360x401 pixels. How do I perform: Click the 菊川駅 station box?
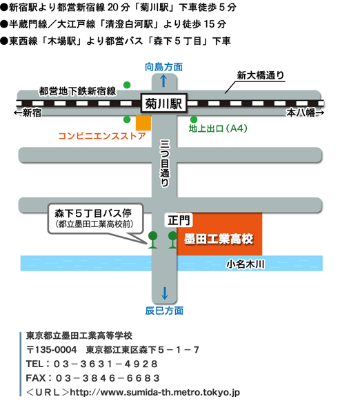[x=163, y=104]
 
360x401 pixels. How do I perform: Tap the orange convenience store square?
[x=143, y=123]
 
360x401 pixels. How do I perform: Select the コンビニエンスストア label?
[x=102, y=136]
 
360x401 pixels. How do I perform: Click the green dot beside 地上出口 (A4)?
[x=194, y=119]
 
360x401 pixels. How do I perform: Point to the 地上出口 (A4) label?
[x=218, y=128]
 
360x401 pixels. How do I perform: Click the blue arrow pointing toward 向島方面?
[x=163, y=81]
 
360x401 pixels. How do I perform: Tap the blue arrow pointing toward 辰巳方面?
[x=165, y=293]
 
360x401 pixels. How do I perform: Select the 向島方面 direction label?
[x=163, y=67]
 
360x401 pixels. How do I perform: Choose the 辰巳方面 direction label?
[x=164, y=311]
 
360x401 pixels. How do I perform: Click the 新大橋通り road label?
[x=261, y=75]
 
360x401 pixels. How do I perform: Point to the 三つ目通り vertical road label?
[x=164, y=163]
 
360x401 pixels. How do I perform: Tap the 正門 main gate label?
[x=179, y=220]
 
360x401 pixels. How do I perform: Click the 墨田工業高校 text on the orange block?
[x=219, y=239]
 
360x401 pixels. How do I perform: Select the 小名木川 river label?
[x=246, y=264]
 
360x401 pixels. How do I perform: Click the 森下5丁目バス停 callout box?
[x=95, y=219]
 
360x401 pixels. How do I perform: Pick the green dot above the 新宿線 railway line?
[x=127, y=85]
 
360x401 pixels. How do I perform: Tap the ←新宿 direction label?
[x=28, y=113]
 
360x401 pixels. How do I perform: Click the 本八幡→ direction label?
[x=305, y=113]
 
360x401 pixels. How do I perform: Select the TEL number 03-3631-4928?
[x=106, y=364]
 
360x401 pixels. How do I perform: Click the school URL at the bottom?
[x=155, y=392]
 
